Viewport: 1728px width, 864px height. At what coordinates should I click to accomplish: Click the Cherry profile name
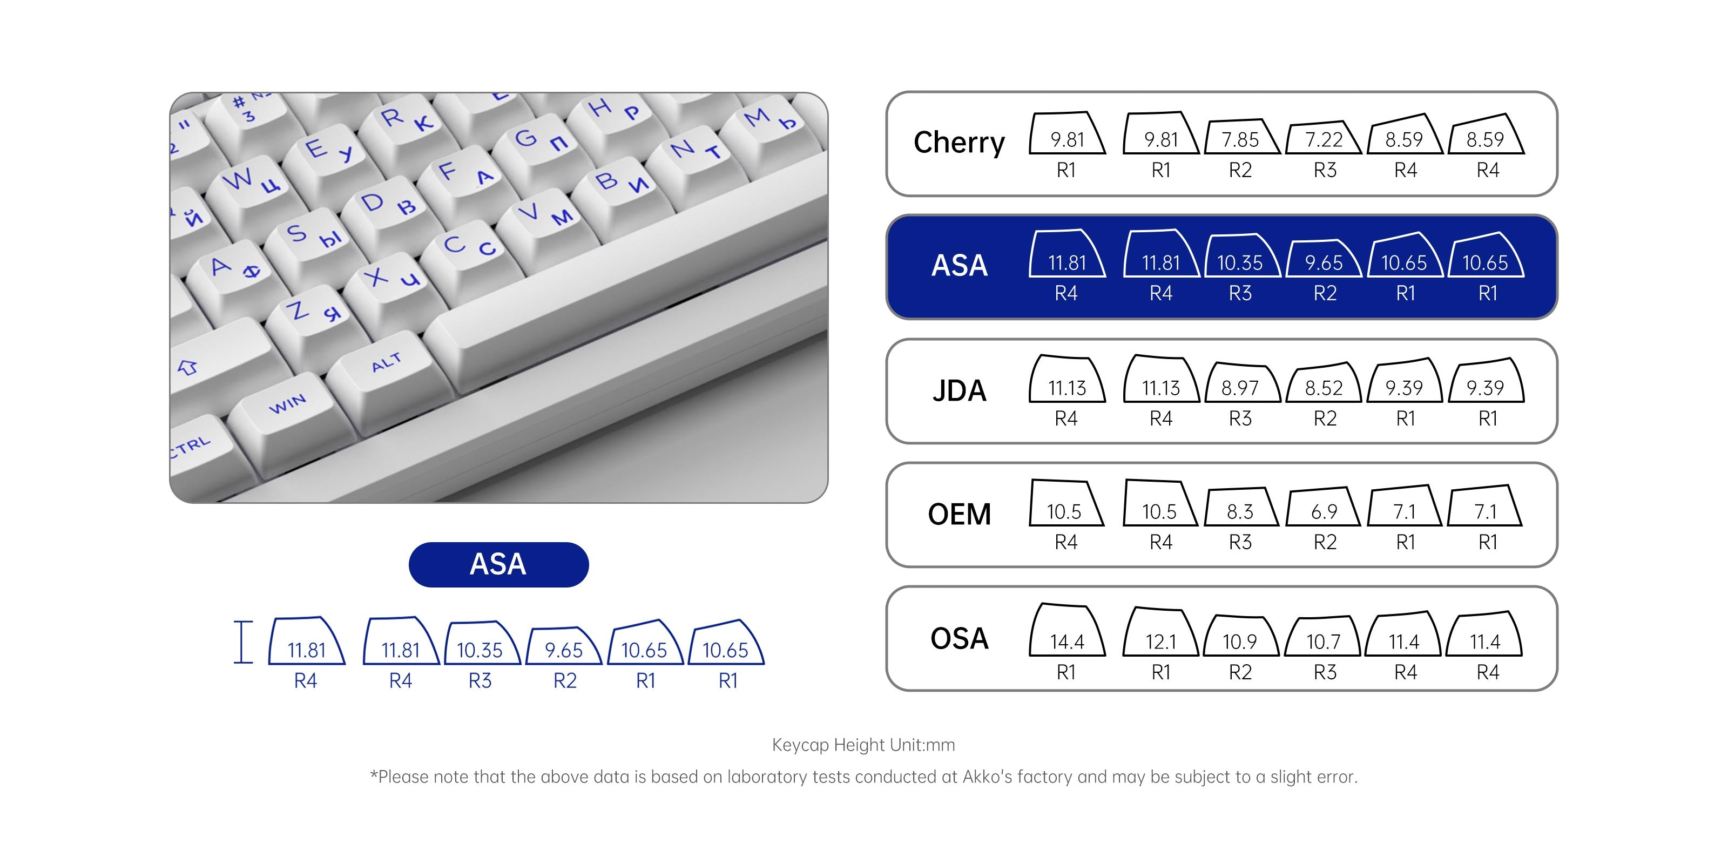coord(959,142)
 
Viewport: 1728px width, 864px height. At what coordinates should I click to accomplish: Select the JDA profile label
coord(959,390)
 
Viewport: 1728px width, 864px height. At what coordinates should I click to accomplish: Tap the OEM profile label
coord(959,515)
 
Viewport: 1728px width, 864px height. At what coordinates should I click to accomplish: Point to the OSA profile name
coord(959,638)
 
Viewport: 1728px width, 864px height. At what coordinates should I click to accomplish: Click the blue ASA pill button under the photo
coord(498,564)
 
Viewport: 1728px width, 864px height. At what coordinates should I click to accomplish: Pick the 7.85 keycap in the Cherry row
coord(1240,138)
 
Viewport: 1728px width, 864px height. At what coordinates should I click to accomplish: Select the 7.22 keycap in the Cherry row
coord(1324,139)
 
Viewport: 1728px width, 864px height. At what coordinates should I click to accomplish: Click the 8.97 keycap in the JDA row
coord(1240,385)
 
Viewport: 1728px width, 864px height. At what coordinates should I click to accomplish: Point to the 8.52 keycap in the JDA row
coord(1324,386)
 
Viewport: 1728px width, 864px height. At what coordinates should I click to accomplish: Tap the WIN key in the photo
coord(288,404)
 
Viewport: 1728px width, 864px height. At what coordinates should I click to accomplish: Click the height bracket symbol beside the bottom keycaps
coord(243,642)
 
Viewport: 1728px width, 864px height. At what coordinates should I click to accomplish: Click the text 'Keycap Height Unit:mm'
coord(863,745)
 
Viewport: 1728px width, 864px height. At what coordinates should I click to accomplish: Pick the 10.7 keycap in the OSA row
coord(1324,639)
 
